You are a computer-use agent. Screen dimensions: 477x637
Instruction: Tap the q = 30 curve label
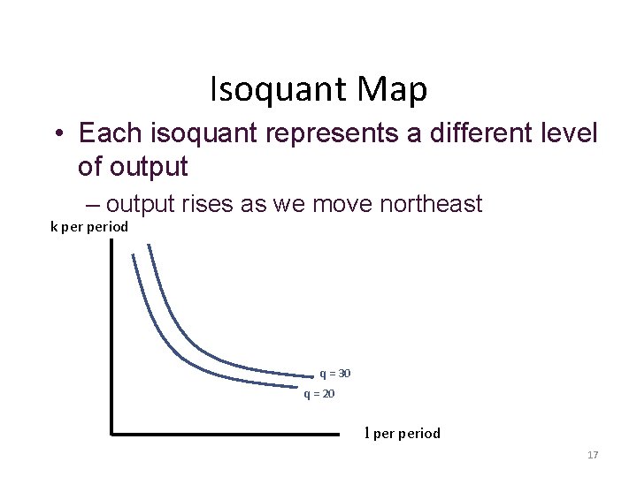334,374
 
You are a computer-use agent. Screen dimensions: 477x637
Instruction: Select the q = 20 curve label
318,394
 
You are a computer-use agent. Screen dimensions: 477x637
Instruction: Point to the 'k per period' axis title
88,227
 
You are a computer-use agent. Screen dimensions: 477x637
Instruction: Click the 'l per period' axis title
403,434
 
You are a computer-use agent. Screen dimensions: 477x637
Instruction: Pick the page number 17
593,455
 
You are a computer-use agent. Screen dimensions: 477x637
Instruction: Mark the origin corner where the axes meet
112,434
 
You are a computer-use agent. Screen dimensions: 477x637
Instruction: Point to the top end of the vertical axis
112,240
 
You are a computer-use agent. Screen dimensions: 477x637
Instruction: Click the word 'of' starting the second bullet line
89,166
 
